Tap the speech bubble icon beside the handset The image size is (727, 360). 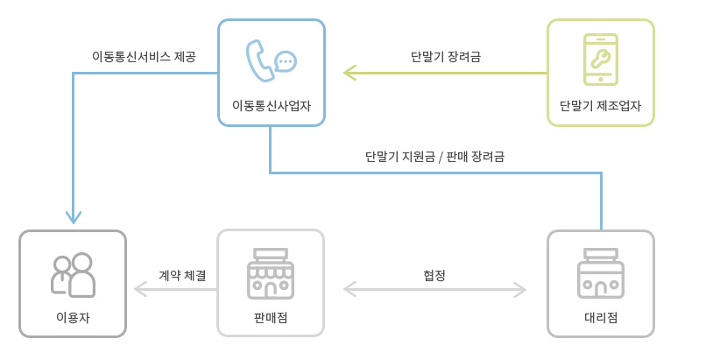tap(285, 61)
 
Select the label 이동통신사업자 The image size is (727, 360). tap(272, 106)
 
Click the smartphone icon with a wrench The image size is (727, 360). tap(601, 60)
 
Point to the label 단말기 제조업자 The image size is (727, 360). tap(601, 106)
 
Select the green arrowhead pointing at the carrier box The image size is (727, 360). tap(349, 73)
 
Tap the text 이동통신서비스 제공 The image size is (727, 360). tap(144, 57)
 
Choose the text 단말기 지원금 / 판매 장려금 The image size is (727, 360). tap(434, 158)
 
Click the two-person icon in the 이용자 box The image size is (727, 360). tap(73, 275)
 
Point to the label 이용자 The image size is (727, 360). tap(73, 317)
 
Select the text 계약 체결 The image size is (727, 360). tap(183, 274)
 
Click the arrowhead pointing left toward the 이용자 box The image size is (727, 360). tap(140, 288)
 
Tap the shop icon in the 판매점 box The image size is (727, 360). tap(271, 274)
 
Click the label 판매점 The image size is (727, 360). tap(271, 317)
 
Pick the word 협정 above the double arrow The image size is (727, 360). tap(434, 274)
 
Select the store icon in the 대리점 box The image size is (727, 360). tap(601, 274)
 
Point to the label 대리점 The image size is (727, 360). tap(601, 317)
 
